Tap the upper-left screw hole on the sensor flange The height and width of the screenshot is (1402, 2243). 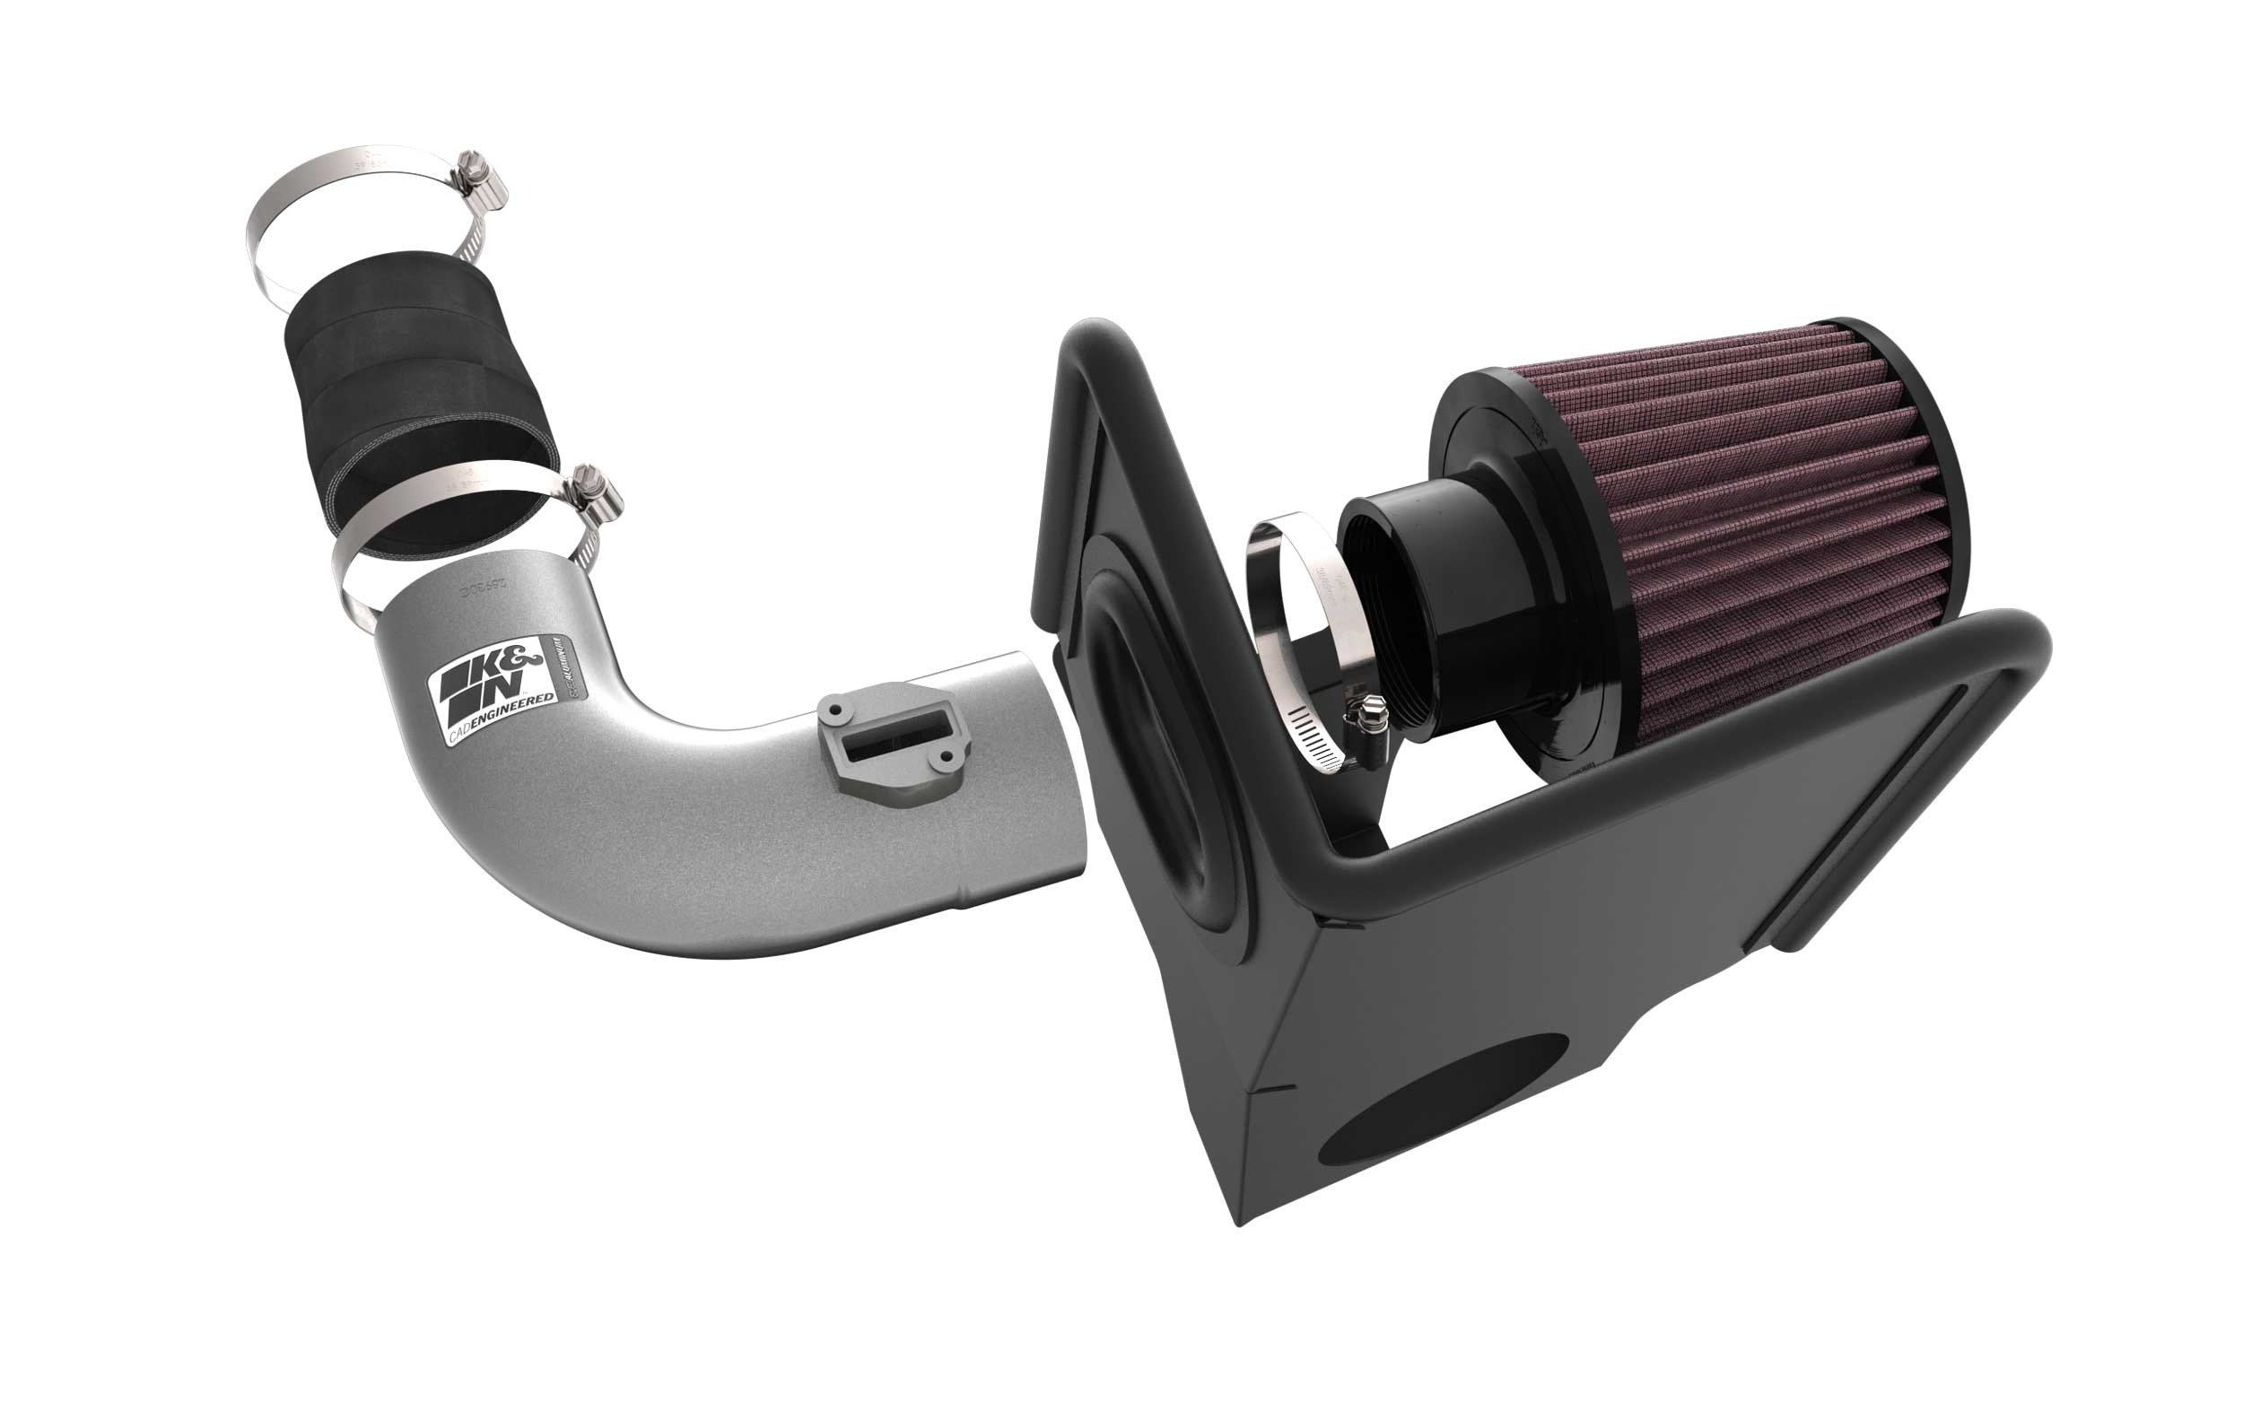pos(834,710)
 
